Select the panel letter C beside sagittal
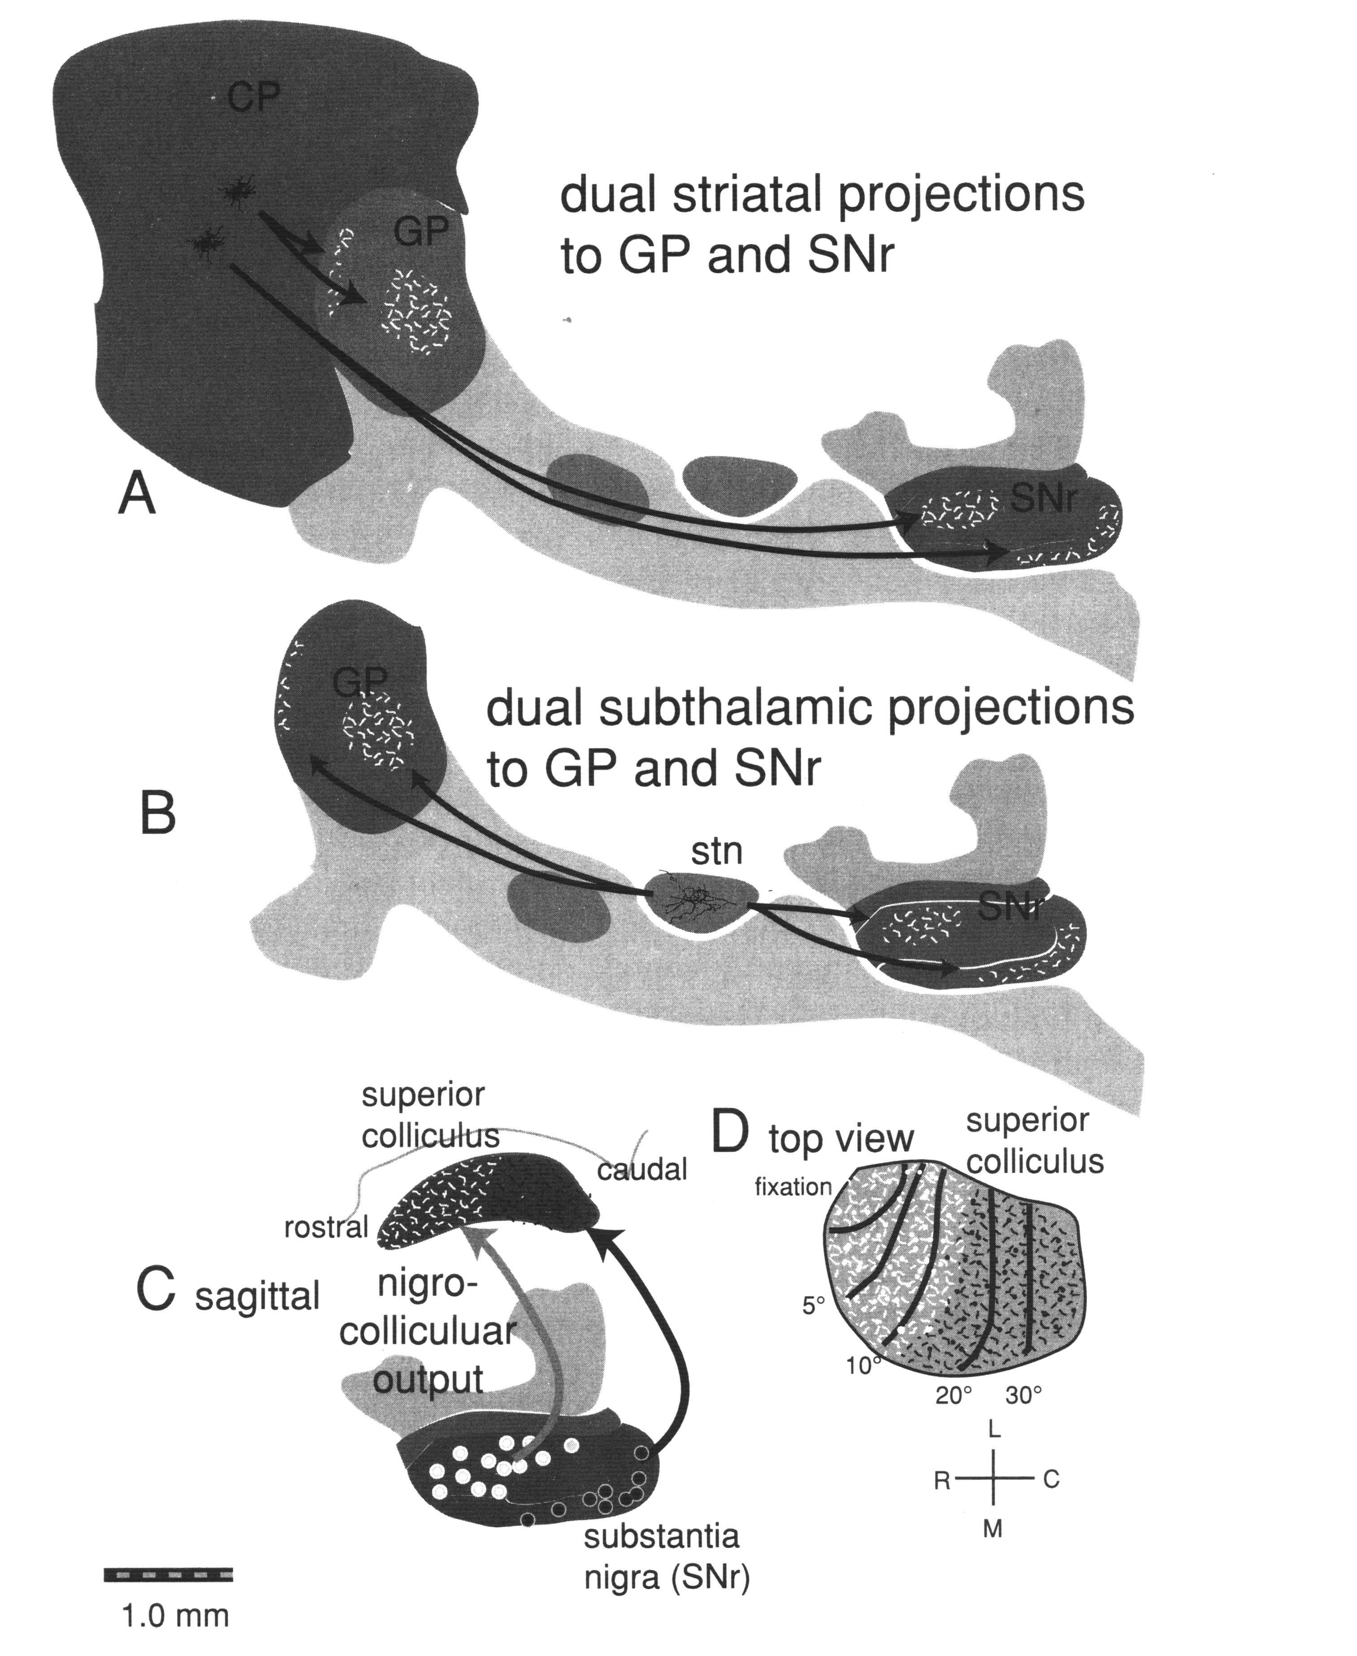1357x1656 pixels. [156, 1291]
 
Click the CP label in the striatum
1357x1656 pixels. [253, 99]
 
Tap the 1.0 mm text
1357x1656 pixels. [175, 1615]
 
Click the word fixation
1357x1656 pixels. [793, 1187]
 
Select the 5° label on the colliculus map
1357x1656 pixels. [814, 1305]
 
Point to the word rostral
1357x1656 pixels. [325, 1227]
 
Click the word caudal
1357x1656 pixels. [642, 1170]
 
